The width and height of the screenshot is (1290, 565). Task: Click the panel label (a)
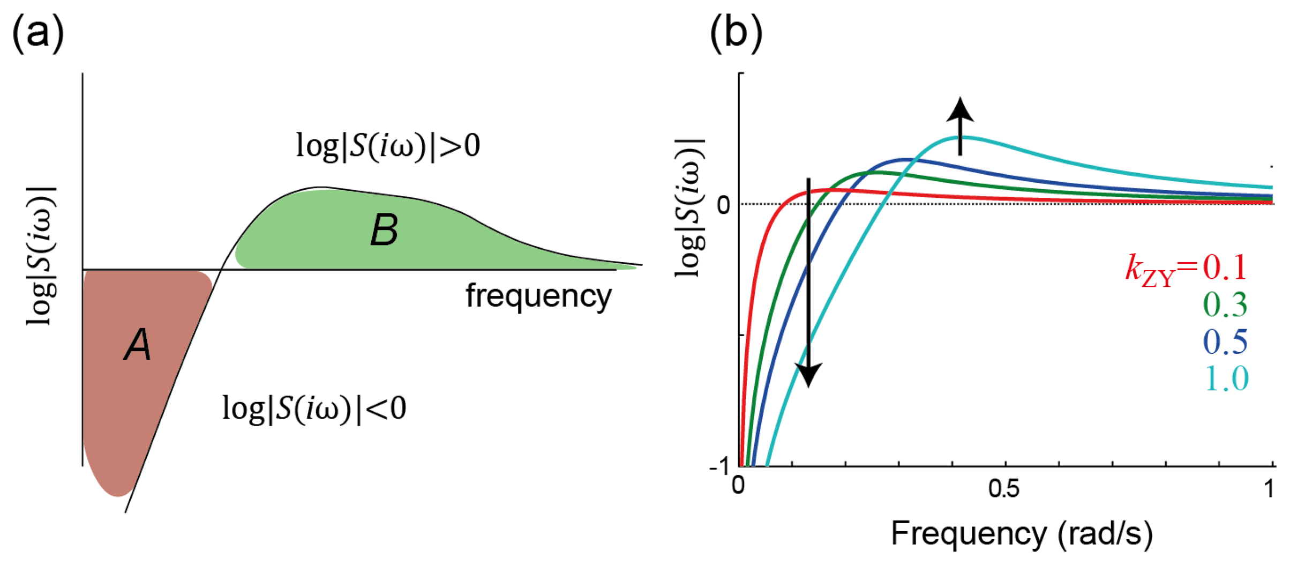coord(37,33)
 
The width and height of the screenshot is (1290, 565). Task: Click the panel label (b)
coord(736,33)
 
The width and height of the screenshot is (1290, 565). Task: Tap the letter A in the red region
coord(138,344)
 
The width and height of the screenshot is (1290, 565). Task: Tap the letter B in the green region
coord(384,230)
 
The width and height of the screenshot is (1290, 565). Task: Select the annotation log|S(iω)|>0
coord(388,145)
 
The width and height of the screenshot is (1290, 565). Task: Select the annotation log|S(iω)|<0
coord(314,408)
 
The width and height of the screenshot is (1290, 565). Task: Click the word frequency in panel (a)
coord(538,296)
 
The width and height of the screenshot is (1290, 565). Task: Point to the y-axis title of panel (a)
coord(42,256)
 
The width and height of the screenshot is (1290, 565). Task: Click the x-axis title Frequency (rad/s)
coord(1021,534)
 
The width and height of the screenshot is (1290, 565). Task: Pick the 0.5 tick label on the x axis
coord(1003,489)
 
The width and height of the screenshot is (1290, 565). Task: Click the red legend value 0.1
coord(1225,267)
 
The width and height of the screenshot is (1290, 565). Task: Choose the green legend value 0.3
coord(1225,304)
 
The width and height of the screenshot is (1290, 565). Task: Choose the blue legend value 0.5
coord(1225,341)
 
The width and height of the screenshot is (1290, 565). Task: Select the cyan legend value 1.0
coord(1226,378)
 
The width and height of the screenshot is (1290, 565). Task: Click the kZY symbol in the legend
coord(1150,271)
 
